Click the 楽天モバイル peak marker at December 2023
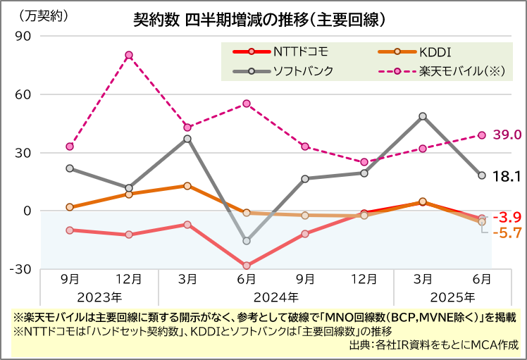(x=129, y=55)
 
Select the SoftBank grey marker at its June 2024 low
(x=247, y=241)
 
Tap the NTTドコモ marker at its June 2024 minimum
(x=247, y=266)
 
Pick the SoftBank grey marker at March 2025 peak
(x=423, y=116)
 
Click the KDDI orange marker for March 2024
(x=187, y=186)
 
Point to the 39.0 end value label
(x=507, y=135)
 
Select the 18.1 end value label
(x=507, y=175)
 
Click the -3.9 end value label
(x=506, y=217)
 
